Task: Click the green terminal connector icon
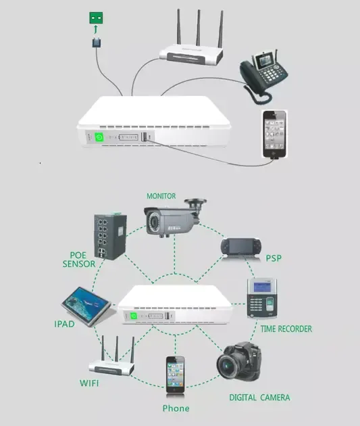pos(99,18)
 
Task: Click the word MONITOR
pos(165,196)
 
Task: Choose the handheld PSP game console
pos(240,247)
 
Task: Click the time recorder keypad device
pos(263,298)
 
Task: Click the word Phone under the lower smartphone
pos(176,408)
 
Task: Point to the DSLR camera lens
pos(228,366)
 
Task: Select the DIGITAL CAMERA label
pos(259,398)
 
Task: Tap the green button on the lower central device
pos(134,314)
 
